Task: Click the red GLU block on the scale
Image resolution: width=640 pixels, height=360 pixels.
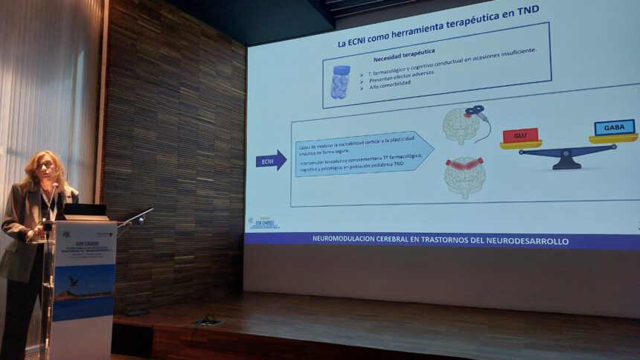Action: tap(520, 135)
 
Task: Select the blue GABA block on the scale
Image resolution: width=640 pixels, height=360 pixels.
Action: tap(614, 127)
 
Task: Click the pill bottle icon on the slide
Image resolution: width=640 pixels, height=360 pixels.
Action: tap(340, 82)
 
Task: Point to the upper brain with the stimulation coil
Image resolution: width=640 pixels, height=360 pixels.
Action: tap(462, 125)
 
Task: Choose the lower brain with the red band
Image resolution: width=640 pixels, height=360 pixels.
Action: tap(464, 176)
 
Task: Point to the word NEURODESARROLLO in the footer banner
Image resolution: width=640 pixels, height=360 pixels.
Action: tap(531, 241)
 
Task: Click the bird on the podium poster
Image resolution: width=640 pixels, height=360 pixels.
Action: tap(72, 280)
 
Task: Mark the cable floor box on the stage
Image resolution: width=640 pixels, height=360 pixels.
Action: tap(207, 320)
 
